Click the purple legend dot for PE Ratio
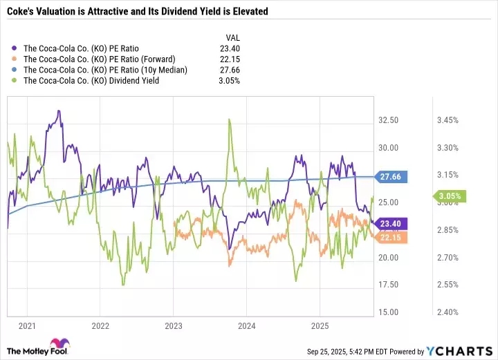[16, 48]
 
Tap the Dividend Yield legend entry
[91, 81]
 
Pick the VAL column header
[234, 37]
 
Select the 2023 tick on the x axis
[174, 325]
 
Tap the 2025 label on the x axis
[320, 325]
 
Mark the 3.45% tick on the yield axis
[448, 120]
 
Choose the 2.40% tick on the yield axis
[448, 312]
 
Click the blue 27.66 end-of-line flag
[390, 177]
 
